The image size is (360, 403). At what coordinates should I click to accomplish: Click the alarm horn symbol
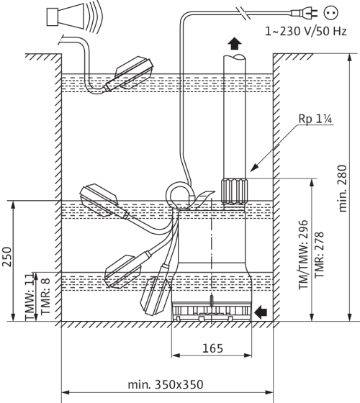[x=75, y=17]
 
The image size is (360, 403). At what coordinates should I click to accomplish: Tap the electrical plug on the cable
[x=305, y=13]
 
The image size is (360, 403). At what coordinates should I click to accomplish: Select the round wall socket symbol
[x=331, y=12]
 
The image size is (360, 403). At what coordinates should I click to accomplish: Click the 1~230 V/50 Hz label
[x=306, y=32]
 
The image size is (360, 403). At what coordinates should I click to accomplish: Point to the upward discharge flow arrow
[x=235, y=44]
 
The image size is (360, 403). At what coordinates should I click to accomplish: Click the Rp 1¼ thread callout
[x=315, y=119]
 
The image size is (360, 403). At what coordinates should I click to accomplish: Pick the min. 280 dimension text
[x=343, y=188]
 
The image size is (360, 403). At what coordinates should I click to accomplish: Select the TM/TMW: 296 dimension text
[x=303, y=255]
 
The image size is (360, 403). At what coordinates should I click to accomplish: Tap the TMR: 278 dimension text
[x=319, y=255]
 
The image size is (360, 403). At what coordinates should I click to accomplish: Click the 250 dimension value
[x=7, y=257]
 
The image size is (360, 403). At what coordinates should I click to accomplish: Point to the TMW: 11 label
[x=30, y=296]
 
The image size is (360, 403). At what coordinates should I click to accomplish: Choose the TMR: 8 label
[x=45, y=296]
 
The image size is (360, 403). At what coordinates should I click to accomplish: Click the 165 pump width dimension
[x=212, y=348]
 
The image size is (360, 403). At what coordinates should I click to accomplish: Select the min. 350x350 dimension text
[x=166, y=385]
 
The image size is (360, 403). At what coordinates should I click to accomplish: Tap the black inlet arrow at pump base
[x=261, y=312]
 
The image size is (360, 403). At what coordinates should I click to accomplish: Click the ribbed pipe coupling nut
[x=234, y=191]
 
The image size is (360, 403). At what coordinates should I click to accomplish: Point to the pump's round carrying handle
[x=179, y=195]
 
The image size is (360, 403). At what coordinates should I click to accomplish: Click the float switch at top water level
[x=130, y=74]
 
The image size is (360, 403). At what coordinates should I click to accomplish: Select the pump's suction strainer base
[x=212, y=311]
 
